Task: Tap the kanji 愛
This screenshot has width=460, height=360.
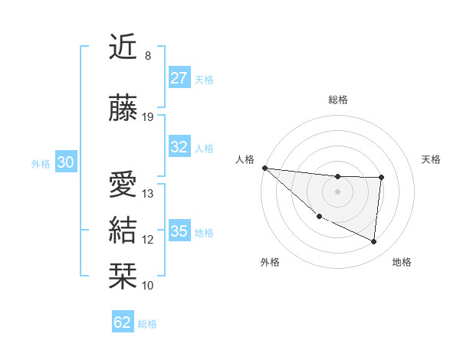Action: click(123, 185)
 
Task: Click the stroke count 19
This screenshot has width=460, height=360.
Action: click(148, 117)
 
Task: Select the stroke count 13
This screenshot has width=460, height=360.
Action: click(148, 194)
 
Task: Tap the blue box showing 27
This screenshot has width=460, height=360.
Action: click(179, 78)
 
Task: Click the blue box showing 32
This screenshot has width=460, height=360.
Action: click(179, 147)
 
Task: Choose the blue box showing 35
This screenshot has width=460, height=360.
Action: click(179, 231)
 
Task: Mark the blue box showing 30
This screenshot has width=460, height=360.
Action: click(65, 162)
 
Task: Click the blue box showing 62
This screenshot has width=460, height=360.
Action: click(123, 322)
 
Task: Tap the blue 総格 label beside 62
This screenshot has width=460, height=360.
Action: click(148, 324)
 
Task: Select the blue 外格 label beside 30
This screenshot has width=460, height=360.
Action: click(41, 164)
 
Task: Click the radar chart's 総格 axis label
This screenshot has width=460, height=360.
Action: click(337, 100)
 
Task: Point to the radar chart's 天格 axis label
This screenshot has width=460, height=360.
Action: click(432, 159)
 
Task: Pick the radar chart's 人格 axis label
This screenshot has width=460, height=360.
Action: click(245, 159)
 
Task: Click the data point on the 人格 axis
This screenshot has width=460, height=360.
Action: click(264, 168)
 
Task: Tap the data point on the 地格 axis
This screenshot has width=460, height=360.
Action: click(373, 242)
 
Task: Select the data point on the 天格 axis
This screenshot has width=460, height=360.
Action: click(381, 178)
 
